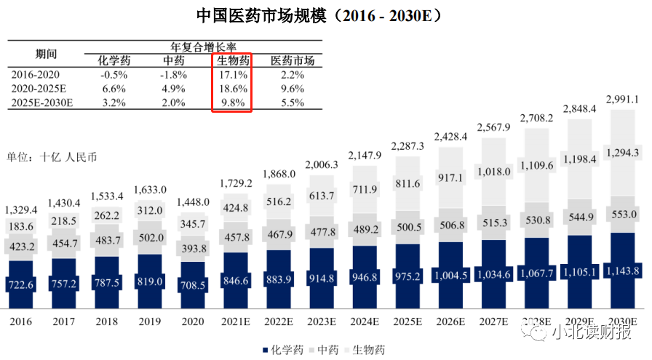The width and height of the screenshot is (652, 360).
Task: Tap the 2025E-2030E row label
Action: (43, 103)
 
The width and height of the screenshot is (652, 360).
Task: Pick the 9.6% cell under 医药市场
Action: (291, 88)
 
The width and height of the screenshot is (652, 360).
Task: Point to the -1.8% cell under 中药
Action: (172, 74)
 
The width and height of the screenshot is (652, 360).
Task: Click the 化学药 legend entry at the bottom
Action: (281, 350)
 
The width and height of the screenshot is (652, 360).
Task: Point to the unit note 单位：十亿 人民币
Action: (52, 156)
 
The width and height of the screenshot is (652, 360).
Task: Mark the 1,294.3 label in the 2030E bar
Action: (622, 153)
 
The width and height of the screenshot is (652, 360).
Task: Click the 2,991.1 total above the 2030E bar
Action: (622, 99)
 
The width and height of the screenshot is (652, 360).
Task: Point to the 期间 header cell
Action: (46, 54)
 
